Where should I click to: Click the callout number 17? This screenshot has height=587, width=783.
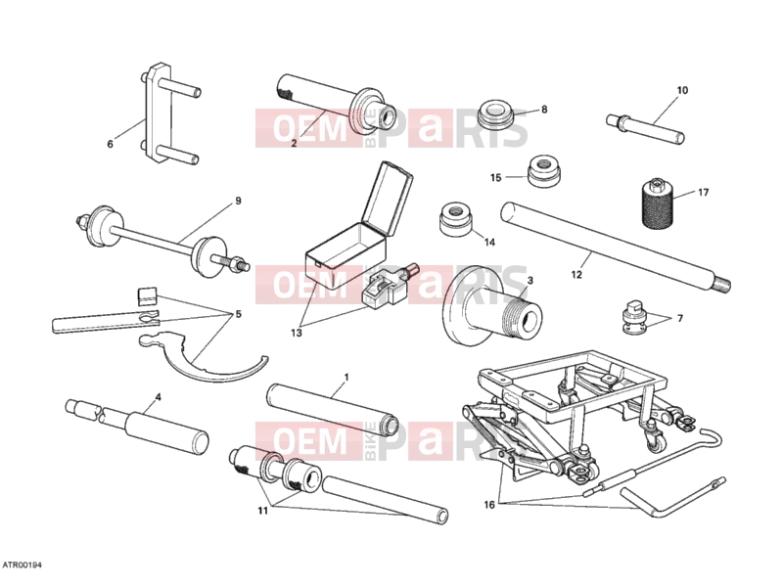[703, 192]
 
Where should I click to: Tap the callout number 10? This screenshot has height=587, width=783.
[682, 90]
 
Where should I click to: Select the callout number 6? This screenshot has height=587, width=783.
[111, 144]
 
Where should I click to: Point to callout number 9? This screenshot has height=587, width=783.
[238, 201]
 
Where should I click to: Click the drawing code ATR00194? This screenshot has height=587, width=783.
[23, 565]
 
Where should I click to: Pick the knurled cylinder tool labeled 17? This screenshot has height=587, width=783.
[657, 203]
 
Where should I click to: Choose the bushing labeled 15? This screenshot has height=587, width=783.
[543, 172]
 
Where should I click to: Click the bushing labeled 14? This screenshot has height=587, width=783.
[455, 218]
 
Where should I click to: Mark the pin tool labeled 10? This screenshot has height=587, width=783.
[645, 128]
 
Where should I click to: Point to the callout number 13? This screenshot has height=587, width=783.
[297, 333]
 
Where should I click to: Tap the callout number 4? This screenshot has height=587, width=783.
[158, 398]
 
